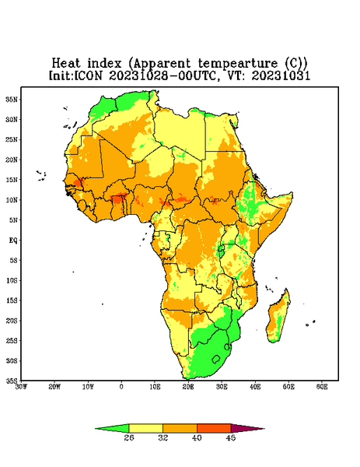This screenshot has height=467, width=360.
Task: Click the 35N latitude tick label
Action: click(x=12, y=99)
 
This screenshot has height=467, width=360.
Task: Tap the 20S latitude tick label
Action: click(x=12, y=321)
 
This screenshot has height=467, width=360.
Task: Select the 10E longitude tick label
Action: click(x=155, y=387)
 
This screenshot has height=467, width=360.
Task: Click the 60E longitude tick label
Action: click(x=322, y=387)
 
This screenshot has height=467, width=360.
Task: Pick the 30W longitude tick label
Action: click(x=22, y=387)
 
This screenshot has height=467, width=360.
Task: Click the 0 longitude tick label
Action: click(x=121, y=387)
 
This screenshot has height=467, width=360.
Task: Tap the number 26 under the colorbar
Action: click(x=129, y=437)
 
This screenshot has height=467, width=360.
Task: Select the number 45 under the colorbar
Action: click(x=231, y=437)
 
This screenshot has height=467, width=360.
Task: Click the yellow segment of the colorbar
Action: click(x=145, y=428)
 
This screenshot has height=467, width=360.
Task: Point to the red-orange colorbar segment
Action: click(x=214, y=428)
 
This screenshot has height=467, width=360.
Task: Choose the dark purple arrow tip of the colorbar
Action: click(x=247, y=428)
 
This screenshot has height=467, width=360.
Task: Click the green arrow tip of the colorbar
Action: click(x=112, y=428)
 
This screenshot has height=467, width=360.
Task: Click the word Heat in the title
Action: click(x=66, y=63)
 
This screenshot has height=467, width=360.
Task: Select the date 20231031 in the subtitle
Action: click(x=281, y=75)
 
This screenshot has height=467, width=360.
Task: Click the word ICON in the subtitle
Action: click(x=88, y=75)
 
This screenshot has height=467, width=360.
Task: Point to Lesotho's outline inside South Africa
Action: click(x=216, y=359)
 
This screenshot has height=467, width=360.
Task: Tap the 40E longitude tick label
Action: click(x=255, y=387)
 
